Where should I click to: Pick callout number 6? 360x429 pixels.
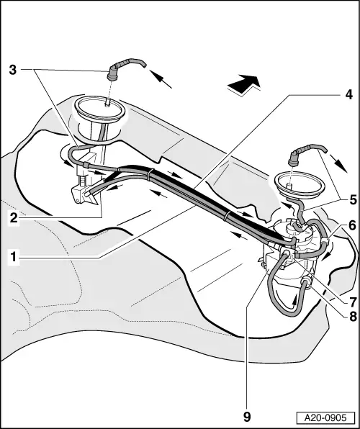click(351, 225)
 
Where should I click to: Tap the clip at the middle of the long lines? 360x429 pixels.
click(227, 214)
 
